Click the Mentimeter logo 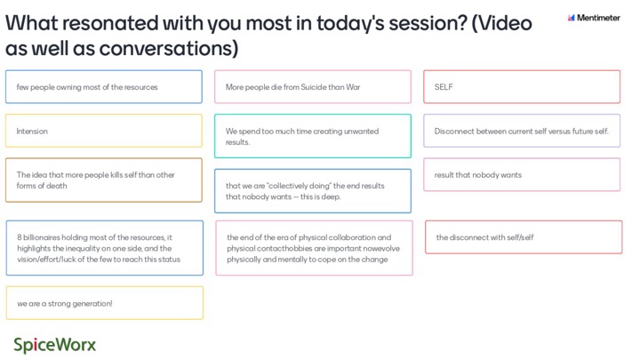click(594, 18)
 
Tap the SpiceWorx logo click(55, 345)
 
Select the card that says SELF click(522, 86)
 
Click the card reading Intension click(104, 131)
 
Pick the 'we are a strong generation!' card click(105, 303)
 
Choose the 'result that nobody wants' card click(522, 175)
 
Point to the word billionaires click(44, 237)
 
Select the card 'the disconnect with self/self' click(524, 237)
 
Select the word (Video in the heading click(501, 23)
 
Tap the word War click(353, 87)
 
